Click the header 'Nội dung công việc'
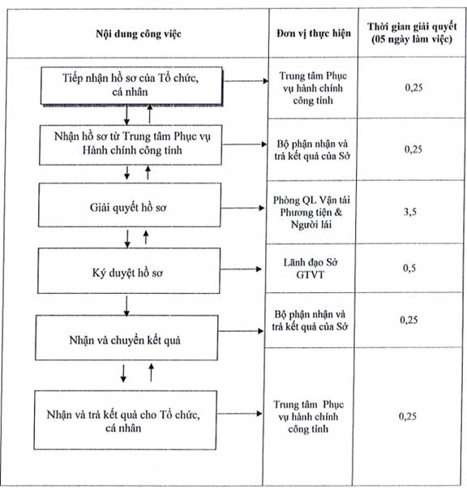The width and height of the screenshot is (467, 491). (x=139, y=34)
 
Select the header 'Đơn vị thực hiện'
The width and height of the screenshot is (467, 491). (x=314, y=33)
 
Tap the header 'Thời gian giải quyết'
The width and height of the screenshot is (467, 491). (x=412, y=27)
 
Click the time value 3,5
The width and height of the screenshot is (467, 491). (x=409, y=212)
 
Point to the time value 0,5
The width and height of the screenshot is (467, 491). (x=409, y=268)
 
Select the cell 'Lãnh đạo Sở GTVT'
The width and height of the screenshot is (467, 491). (x=311, y=269)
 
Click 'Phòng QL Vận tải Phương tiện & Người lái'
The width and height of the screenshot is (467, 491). (x=311, y=213)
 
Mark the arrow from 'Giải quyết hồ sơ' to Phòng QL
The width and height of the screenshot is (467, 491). (x=242, y=208)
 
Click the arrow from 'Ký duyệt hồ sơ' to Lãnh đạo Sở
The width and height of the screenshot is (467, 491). (x=241, y=269)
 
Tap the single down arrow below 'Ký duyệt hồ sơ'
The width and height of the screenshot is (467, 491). (x=126, y=306)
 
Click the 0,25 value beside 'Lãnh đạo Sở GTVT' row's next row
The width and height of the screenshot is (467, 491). (x=409, y=320)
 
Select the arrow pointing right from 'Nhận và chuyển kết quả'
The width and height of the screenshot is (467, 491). (x=240, y=331)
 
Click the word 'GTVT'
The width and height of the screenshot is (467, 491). (x=311, y=274)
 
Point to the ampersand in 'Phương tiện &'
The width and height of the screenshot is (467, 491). (x=338, y=213)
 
